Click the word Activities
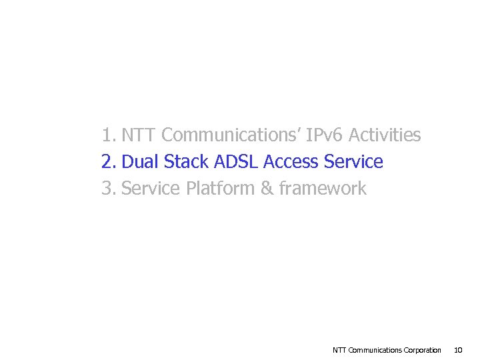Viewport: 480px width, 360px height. click(385, 135)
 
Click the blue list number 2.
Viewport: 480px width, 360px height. click(109, 162)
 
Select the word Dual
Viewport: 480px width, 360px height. click(141, 162)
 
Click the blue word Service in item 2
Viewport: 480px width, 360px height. click(353, 162)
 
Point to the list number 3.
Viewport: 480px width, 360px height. click(109, 189)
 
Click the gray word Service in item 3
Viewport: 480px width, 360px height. click(151, 189)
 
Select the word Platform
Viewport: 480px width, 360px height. click(220, 189)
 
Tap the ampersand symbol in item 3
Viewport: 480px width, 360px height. click(267, 189)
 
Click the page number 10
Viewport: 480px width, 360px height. click(458, 350)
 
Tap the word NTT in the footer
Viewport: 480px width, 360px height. click(339, 350)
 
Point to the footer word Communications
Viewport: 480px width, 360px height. click(375, 350)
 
